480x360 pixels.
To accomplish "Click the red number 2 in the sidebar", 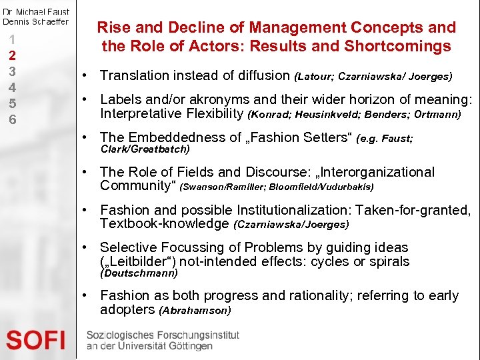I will [x=11, y=55].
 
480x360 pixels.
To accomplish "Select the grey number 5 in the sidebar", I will [x=11, y=103].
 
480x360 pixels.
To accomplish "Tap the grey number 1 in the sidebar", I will [x=11, y=39].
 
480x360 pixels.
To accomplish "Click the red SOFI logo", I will [x=36, y=340].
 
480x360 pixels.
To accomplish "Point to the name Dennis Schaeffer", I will [x=35, y=21].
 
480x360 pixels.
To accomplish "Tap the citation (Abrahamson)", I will [x=195, y=311].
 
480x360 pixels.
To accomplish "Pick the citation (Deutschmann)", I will [x=139, y=273].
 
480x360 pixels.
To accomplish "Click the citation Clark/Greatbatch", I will [x=145, y=149].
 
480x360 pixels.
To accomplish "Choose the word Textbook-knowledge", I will [x=164, y=223].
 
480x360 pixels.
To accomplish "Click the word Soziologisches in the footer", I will [x=123, y=335].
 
